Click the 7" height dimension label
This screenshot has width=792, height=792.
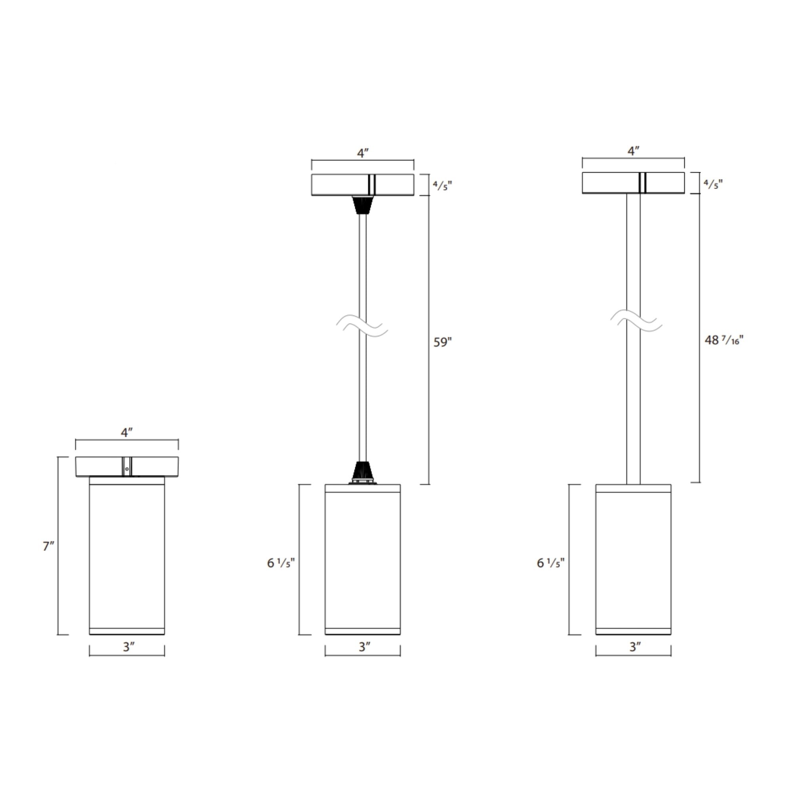[x=48, y=546]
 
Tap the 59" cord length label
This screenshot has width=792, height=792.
[x=442, y=342]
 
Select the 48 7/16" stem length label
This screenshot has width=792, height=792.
[x=723, y=340]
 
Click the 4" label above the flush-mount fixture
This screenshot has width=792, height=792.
[x=127, y=432]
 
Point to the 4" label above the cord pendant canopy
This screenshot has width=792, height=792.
[x=363, y=153]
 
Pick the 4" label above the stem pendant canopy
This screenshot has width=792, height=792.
[x=633, y=151]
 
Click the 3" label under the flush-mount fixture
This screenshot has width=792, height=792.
[x=129, y=647]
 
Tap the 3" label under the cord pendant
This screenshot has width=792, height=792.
[x=364, y=647]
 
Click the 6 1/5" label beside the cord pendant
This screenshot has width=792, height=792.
[x=280, y=563]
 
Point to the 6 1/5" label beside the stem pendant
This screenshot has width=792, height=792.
[x=550, y=563]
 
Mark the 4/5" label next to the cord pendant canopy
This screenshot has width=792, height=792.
[x=442, y=186]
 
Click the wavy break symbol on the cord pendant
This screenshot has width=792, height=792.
[x=362, y=326]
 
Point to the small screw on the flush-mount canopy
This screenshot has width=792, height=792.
[x=127, y=469]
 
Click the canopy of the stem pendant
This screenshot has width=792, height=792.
[x=607, y=183]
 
